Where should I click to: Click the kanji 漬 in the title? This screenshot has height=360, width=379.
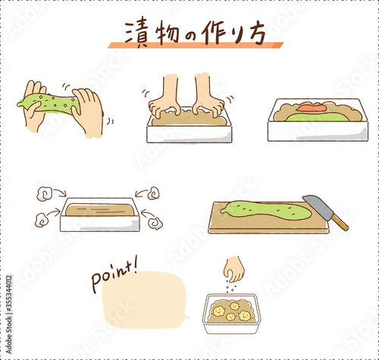(136, 33)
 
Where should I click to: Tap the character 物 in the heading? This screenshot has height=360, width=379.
(167, 33)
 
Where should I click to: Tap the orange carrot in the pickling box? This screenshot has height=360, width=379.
(312, 108)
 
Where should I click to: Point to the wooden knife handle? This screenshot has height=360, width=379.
(340, 222)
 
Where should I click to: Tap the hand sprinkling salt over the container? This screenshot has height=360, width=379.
(234, 269)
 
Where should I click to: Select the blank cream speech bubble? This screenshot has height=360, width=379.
(144, 300)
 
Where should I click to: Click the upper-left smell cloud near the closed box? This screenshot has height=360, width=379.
(45, 193)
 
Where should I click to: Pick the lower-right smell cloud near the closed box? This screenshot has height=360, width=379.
(155, 223)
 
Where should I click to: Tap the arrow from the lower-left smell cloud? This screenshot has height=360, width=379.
(54, 213)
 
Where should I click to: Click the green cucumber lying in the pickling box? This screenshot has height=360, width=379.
(318, 117)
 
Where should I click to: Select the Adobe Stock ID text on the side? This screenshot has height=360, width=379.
(9, 314)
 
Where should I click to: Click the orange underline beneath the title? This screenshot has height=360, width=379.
(196, 45)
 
